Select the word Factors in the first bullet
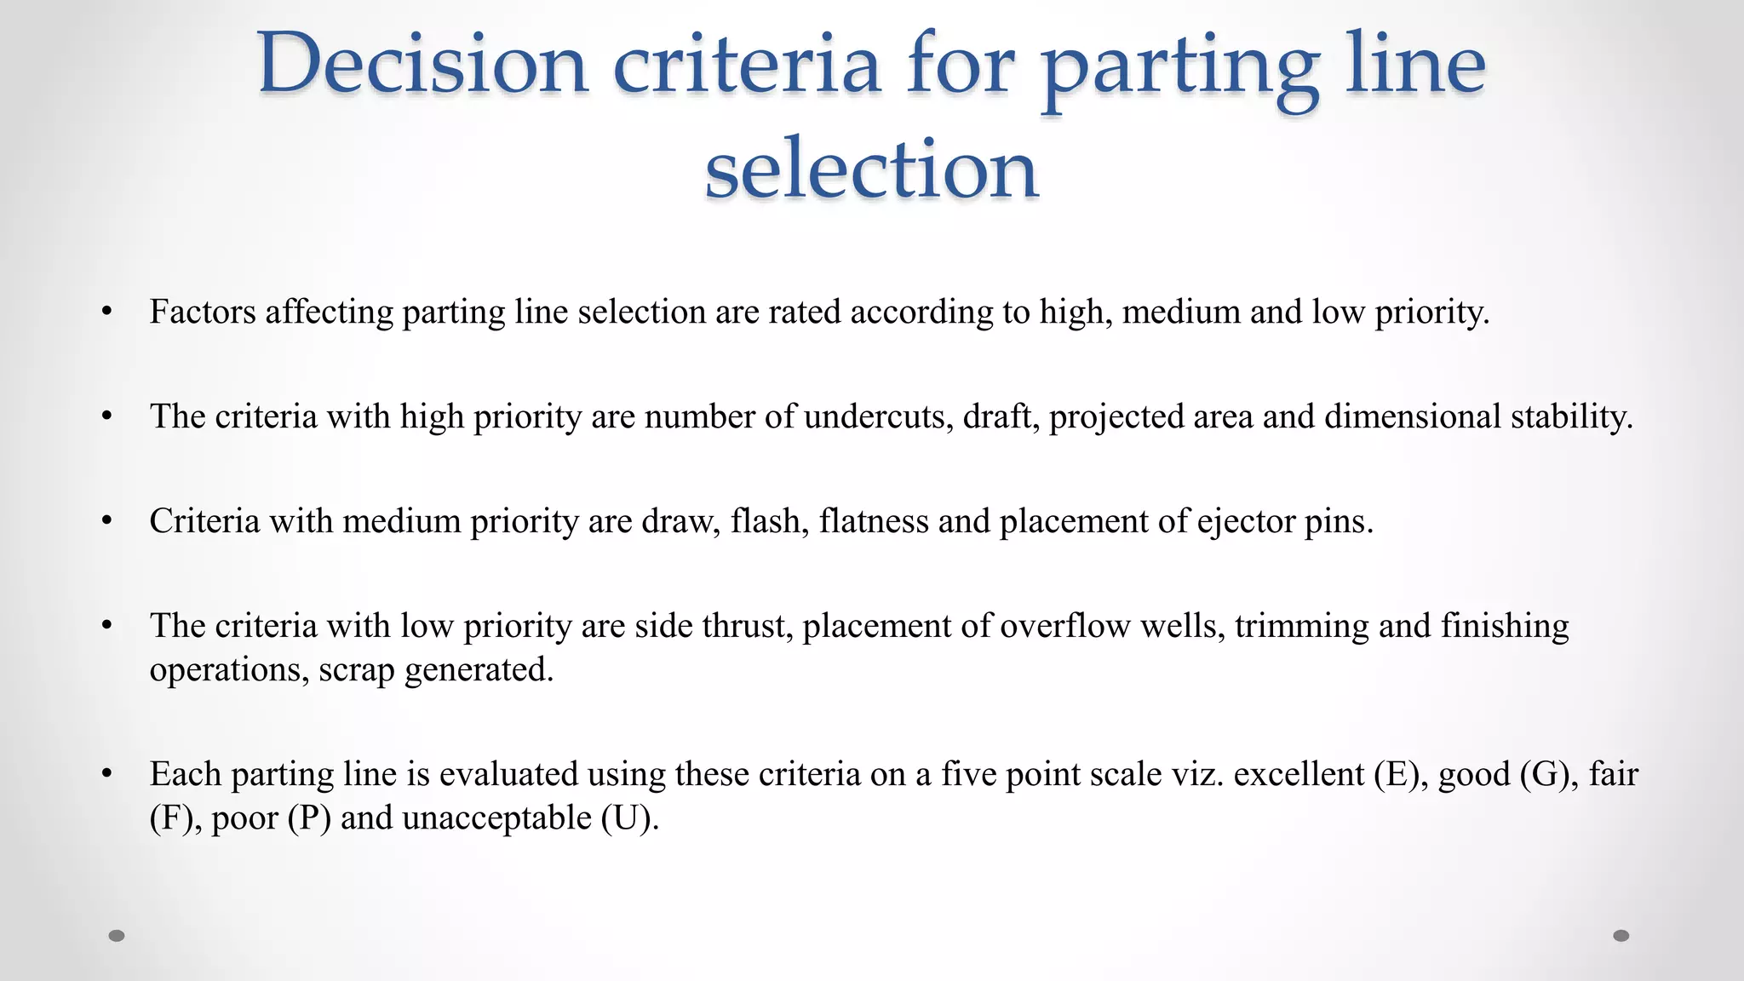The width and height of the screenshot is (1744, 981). [203, 312]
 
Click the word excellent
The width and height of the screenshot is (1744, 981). [1299, 774]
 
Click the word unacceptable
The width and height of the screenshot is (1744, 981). [496, 818]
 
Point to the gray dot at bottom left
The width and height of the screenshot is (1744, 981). [117, 936]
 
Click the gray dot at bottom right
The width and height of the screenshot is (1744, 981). [1621, 936]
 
